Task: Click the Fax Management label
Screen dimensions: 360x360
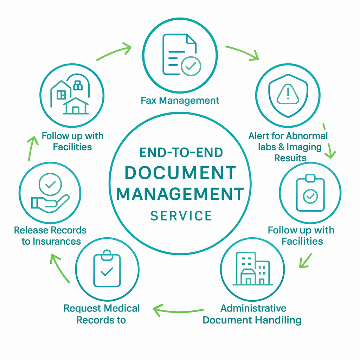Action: (x=180, y=101)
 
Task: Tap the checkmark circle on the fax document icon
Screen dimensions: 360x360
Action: (x=191, y=65)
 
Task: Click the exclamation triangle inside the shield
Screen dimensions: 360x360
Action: (x=288, y=94)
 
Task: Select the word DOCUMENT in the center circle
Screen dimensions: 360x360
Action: (x=180, y=173)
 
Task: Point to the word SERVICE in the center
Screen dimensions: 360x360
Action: (x=181, y=216)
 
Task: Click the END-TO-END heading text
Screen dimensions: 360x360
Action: (x=181, y=153)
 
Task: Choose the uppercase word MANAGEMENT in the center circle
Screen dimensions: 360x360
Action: (x=180, y=194)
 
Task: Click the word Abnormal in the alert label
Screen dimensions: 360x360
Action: (x=307, y=136)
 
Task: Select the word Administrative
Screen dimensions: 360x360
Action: (x=253, y=308)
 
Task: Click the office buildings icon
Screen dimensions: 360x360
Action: (x=251, y=269)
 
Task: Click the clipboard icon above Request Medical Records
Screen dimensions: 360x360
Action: (x=107, y=269)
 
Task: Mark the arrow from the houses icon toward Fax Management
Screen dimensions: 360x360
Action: (x=114, y=52)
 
